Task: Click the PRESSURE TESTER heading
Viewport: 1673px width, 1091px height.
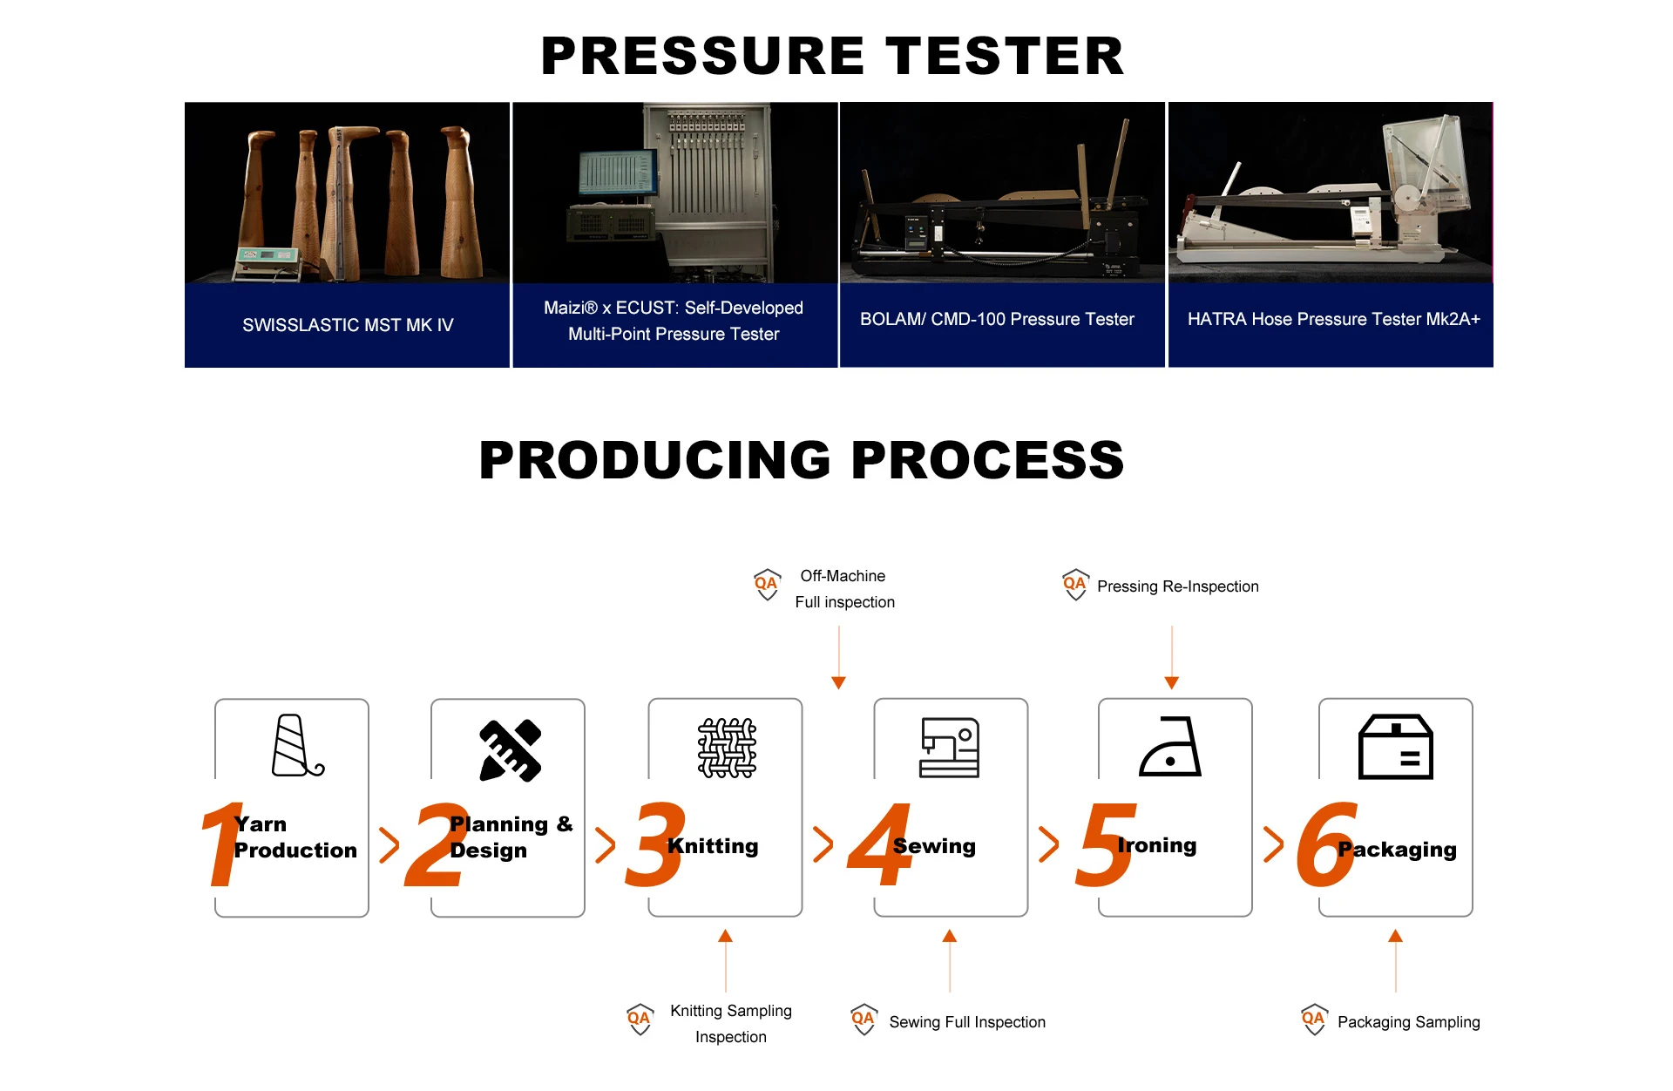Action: point(832,56)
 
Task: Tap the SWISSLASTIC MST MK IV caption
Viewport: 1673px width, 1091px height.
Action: point(348,325)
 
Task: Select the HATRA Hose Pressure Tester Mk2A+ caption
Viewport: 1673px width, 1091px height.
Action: point(1333,319)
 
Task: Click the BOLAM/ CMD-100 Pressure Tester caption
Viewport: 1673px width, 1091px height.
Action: point(997,319)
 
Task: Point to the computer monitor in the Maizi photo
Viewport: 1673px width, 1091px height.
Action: point(619,173)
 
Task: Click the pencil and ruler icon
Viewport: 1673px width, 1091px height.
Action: point(511,750)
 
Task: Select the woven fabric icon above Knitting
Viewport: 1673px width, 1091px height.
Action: point(727,748)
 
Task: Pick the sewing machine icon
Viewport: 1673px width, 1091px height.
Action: point(950,747)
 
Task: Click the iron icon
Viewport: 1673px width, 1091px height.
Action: point(1170,747)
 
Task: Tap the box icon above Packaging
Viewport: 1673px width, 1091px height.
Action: point(1396,747)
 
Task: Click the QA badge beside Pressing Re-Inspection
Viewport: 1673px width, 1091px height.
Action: point(1075,585)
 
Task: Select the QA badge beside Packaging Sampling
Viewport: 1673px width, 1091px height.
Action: point(1314,1019)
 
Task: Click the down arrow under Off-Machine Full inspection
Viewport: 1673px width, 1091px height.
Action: point(839,658)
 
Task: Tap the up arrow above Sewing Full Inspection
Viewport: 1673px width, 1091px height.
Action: point(950,960)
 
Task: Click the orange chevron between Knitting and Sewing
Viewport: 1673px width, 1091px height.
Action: point(823,844)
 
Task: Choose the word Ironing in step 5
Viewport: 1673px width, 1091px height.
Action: point(1157,844)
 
